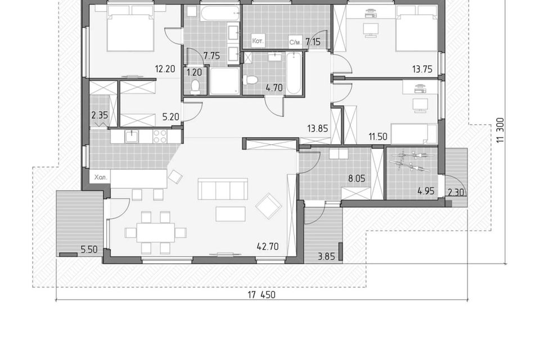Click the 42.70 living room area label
[268, 247]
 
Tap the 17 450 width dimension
[262, 295]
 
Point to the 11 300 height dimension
[501, 130]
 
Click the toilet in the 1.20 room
[195, 87]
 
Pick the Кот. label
[258, 41]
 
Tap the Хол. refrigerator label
[101, 178]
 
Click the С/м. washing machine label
[295, 42]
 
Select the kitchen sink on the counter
[132, 137]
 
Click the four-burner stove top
[160, 136]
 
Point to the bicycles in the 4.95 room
[411, 161]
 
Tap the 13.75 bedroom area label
[422, 69]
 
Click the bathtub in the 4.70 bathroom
[294, 73]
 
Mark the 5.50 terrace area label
[89, 249]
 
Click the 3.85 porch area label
[326, 256]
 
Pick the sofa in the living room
[223, 189]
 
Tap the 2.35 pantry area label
[100, 115]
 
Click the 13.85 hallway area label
[317, 128]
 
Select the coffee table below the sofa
[231, 214]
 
